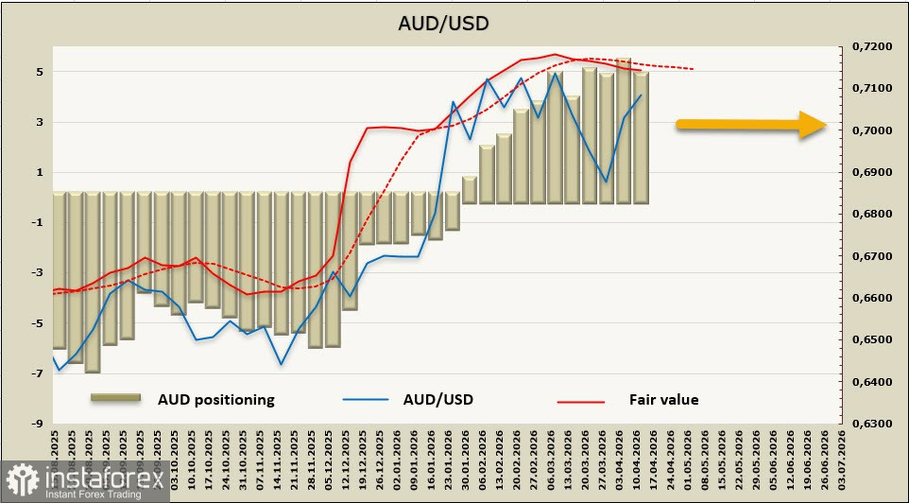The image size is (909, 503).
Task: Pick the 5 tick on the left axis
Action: (x=38, y=72)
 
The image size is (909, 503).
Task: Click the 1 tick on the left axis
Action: (x=38, y=172)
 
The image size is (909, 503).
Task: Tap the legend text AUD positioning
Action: (x=215, y=399)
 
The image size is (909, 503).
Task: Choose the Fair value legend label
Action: (x=663, y=399)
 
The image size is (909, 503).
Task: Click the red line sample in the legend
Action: (x=580, y=400)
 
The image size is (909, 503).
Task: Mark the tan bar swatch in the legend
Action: (x=115, y=398)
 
